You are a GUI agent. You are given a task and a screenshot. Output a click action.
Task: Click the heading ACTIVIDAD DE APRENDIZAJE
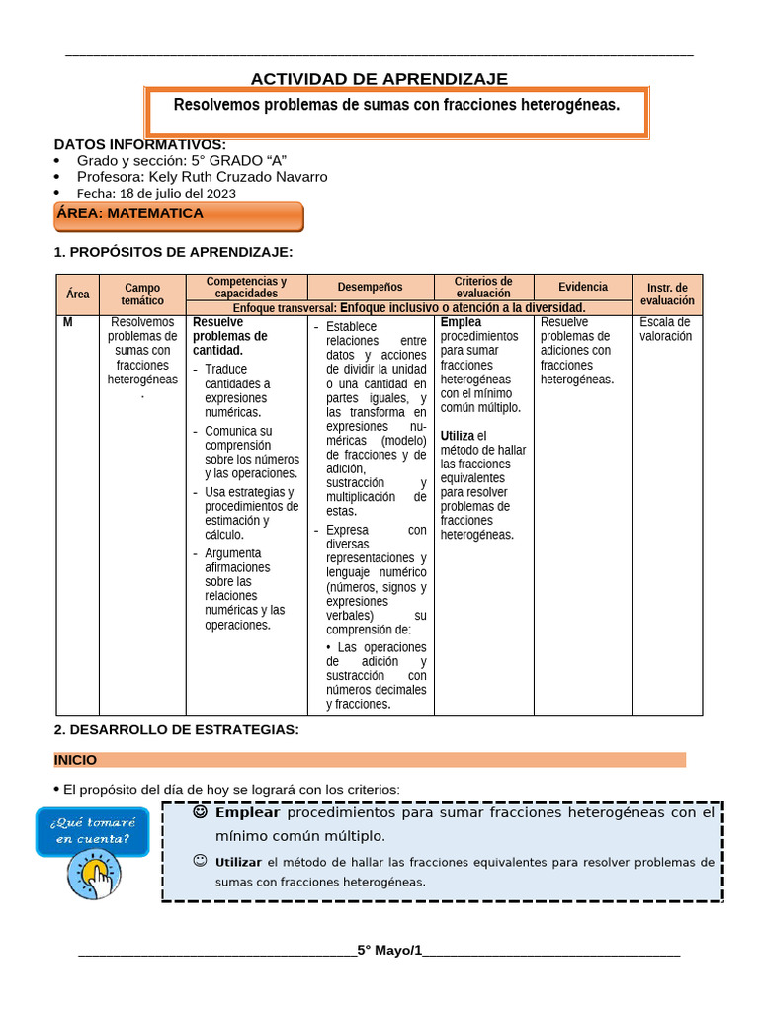379,79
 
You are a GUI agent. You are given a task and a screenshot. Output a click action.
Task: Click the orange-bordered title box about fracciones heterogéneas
396,111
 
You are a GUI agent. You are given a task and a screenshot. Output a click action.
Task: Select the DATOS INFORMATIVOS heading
139,144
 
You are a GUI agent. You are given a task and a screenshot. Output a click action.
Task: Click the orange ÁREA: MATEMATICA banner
178,214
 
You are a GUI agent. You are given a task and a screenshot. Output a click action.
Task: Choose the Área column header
77,295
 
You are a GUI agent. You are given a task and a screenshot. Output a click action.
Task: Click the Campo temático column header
142,295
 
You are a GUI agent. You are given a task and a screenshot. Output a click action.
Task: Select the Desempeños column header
370,287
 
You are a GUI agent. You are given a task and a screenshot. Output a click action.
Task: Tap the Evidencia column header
582,287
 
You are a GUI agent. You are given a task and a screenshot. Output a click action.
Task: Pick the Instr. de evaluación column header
667,295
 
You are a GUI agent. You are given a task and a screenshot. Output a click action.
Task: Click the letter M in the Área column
67,322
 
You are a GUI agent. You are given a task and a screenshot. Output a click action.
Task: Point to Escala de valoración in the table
665,329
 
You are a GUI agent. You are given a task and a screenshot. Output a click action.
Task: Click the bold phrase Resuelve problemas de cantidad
229,336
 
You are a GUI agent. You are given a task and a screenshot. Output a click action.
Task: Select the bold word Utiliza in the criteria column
458,436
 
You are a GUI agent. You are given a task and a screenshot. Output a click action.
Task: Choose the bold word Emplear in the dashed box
247,813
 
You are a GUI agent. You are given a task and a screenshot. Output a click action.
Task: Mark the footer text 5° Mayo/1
389,951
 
